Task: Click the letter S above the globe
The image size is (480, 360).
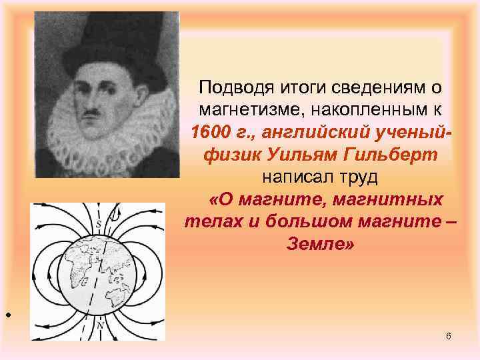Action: (99, 224)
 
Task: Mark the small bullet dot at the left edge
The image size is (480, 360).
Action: (6, 314)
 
